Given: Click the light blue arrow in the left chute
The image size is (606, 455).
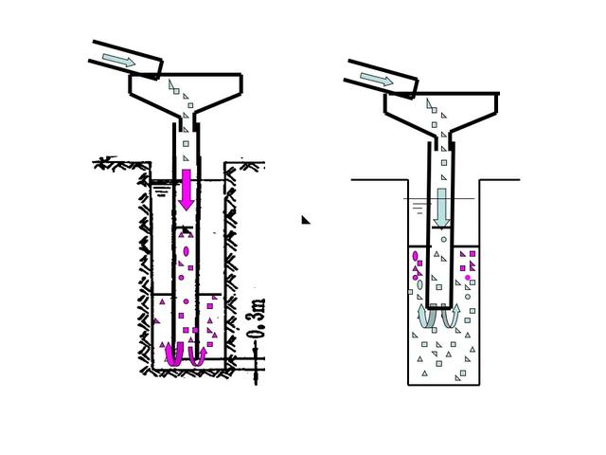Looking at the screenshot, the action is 118,60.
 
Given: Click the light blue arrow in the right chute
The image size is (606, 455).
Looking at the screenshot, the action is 377,79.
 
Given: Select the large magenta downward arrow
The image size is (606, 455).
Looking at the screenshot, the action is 187,190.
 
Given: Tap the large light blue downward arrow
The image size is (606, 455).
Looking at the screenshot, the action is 441,208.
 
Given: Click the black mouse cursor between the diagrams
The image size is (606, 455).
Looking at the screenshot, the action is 305,220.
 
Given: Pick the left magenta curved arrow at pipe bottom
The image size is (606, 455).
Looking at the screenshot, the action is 173,355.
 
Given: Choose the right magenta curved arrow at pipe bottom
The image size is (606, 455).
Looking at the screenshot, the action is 197,356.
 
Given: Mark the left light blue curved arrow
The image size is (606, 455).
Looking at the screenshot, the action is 427,318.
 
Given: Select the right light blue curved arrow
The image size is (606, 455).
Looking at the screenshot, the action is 451,317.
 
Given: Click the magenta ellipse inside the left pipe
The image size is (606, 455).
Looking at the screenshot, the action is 186,251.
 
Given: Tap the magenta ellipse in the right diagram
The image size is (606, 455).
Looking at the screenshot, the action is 416,256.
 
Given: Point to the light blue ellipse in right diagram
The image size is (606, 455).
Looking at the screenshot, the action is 419,285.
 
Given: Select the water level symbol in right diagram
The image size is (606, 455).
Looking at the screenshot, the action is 419,208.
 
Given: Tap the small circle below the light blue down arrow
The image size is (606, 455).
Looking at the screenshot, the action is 444,240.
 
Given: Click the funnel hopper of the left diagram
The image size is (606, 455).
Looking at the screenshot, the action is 186,95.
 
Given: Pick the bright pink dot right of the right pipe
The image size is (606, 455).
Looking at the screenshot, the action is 468,278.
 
